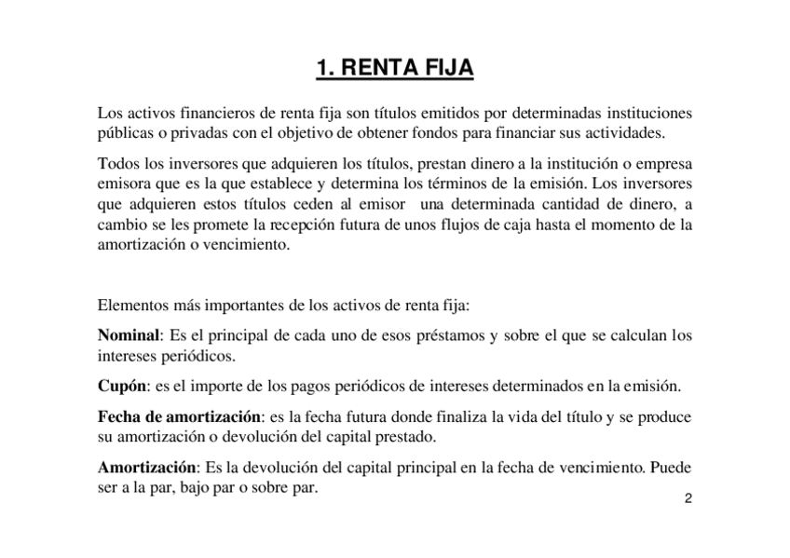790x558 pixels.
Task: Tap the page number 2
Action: (688, 498)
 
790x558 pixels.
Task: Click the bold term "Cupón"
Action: (121, 386)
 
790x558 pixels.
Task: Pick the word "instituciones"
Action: (647, 113)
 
